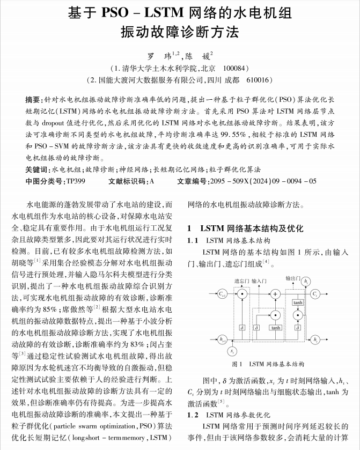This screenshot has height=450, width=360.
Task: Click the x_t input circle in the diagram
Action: (x=232, y=351)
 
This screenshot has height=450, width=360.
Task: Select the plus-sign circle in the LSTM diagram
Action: (x=275, y=294)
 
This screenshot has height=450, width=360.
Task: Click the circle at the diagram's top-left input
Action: (x=222, y=293)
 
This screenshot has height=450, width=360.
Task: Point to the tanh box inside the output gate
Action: (x=298, y=303)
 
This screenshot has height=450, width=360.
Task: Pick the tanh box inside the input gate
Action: (x=275, y=327)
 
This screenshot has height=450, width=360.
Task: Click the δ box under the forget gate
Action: (x=242, y=327)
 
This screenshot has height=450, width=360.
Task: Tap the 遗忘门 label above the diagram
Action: (x=241, y=281)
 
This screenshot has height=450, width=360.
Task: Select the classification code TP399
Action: (x=75, y=181)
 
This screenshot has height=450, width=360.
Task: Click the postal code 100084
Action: (x=236, y=69)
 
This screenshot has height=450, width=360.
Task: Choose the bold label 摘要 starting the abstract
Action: (x=32, y=99)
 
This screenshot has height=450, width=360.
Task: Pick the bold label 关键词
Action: (x=36, y=170)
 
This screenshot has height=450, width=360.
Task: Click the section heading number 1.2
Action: (x=193, y=415)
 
